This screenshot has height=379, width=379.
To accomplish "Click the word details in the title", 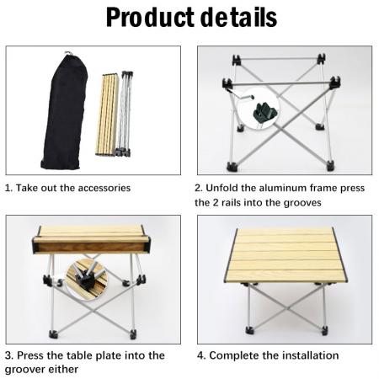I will pos(238,18).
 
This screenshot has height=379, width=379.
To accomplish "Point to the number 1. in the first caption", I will pos(9,188).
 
